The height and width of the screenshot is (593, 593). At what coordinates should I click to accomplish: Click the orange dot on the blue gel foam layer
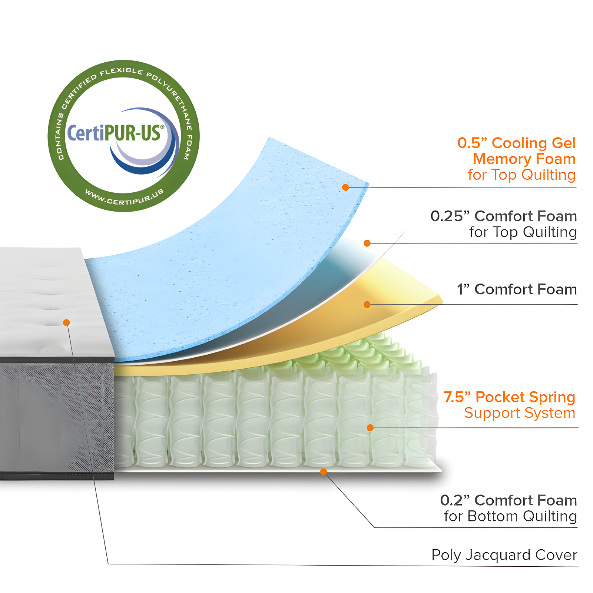[345, 187]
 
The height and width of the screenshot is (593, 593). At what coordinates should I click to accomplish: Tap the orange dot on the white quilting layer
[367, 243]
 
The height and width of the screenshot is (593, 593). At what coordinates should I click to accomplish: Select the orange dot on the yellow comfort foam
[367, 305]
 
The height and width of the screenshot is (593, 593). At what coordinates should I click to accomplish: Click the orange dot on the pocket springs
[370, 428]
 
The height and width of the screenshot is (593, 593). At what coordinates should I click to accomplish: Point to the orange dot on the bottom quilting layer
[324, 471]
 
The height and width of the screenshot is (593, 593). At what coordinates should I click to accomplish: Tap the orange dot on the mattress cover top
[66, 322]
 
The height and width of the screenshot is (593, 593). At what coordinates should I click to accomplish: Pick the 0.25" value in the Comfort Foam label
[450, 216]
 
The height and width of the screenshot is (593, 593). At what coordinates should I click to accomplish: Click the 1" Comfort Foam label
[517, 289]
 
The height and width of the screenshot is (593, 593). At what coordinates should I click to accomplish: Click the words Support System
[520, 413]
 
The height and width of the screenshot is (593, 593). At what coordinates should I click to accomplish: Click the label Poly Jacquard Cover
[504, 555]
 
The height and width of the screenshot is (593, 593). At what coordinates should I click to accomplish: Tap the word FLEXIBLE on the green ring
[121, 72]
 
